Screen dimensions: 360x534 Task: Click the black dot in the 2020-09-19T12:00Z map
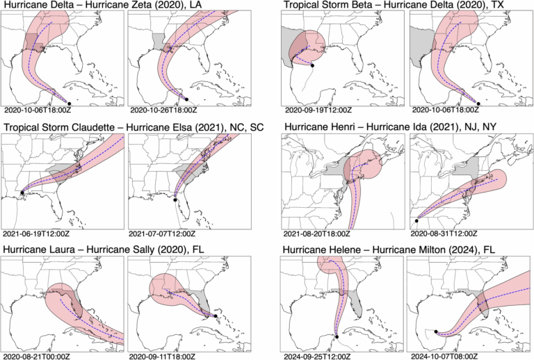312,65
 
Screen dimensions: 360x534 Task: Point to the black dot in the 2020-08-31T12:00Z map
416,220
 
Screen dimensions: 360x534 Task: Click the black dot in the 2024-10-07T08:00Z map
435,332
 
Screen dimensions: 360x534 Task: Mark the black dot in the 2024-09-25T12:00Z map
337,337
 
